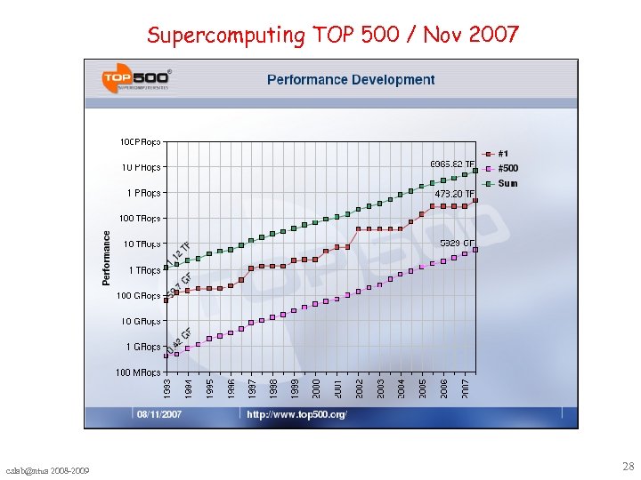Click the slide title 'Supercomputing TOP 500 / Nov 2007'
tap(332, 35)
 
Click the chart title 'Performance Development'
tap(351, 80)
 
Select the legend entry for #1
tap(503, 153)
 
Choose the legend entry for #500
tap(507, 168)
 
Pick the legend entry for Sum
tap(507, 183)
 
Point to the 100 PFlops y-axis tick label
tap(140, 141)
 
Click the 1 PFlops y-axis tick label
tap(142, 193)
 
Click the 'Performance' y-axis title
tap(107, 258)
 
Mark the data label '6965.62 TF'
tap(452, 164)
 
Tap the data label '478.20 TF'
tap(454, 194)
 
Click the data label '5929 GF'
tap(458, 243)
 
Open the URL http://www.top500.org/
tap(296, 414)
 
